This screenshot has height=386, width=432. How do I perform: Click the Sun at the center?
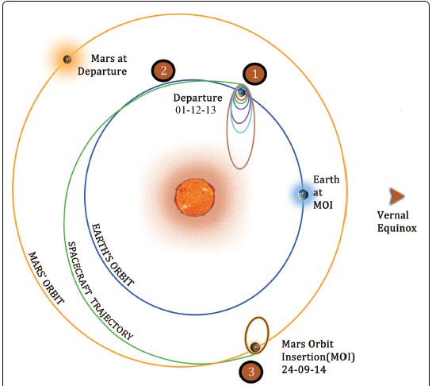pos(195,197)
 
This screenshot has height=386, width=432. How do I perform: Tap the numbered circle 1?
pos(255,74)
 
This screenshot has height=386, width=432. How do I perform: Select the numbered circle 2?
pos(163,71)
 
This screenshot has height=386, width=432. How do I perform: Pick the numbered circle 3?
pos(250,372)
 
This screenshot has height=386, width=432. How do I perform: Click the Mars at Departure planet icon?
pos(67,59)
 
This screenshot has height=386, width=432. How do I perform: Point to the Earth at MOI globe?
pos(303,195)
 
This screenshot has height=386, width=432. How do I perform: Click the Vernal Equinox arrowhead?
pos(396,196)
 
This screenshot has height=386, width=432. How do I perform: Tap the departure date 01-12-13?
pos(196,110)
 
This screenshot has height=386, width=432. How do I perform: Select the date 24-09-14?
pos(304,369)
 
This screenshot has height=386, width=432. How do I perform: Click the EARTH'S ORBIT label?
pos(113,255)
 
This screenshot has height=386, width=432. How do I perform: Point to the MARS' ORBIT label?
pos(47,278)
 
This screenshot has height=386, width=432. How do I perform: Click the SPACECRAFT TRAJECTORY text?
pos(101,291)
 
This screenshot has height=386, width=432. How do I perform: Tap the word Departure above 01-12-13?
pos(198,98)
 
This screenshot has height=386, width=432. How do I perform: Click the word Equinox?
pos(397,228)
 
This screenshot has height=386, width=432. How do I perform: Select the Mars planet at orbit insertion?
pos(255,347)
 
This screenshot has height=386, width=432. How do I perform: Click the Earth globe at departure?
pos(241,92)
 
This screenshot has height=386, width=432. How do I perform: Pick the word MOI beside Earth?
pos(323,205)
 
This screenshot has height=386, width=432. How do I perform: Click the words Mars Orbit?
pos(308,344)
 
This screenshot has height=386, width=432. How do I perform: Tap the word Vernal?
pos(393,215)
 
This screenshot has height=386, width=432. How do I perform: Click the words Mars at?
pos(109,58)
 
